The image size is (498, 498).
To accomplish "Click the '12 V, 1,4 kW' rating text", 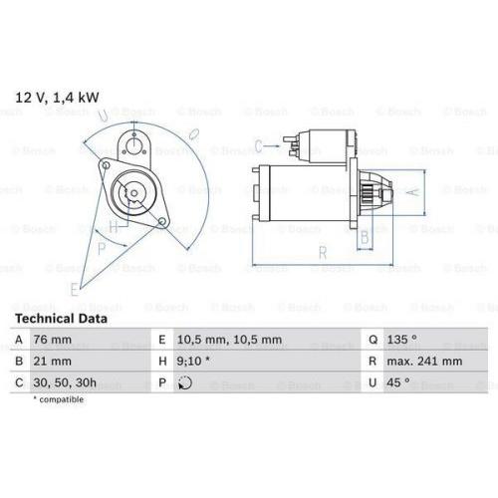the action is (57, 98).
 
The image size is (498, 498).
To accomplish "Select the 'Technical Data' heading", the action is (61, 319).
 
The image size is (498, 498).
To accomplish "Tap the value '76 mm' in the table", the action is (52, 340).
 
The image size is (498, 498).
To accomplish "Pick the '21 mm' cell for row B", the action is (52, 362).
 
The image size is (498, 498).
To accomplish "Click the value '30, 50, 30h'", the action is (65, 382).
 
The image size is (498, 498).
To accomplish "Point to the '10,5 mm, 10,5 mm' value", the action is (229, 340).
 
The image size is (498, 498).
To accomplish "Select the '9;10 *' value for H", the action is (193, 361).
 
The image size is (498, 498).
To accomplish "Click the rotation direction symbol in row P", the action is (185, 382).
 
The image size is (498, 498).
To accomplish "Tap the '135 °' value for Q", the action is (401, 340).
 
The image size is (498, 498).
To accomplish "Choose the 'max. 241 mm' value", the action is (424, 362).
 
